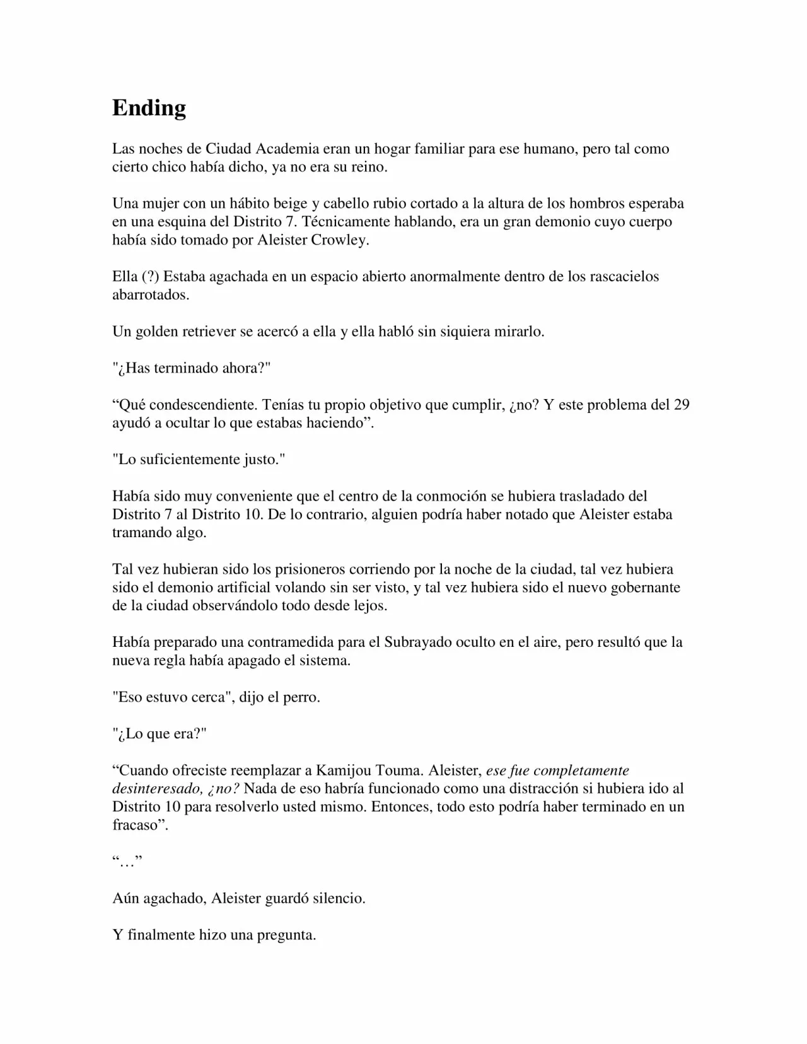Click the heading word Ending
(x=149, y=108)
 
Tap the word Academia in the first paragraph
(x=287, y=149)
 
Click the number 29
(x=682, y=405)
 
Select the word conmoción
(x=446, y=496)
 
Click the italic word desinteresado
(x=157, y=789)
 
